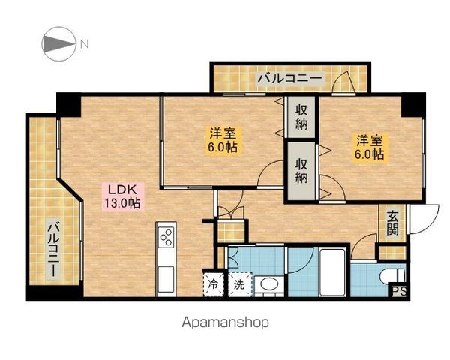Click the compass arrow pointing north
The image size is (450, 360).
pyautogui.click(x=59, y=44)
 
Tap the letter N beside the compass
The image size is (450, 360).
pyautogui.click(x=84, y=44)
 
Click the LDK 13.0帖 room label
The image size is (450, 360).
pyautogui.click(x=122, y=196)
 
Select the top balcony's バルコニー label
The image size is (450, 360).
pyautogui.click(x=289, y=78)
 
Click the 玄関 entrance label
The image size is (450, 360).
pyautogui.click(x=392, y=223)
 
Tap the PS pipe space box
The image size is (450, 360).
pyautogui.click(x=399, y=291)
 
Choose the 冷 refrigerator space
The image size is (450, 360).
pyautogui.click(x=213, y=284)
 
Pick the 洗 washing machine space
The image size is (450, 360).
pyautogui.click(x=239, y=284)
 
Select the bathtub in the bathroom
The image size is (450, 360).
pyautogui.click(x=332, y=271)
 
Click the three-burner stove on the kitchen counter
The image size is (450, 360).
pyautogui.click(x=166, y=237)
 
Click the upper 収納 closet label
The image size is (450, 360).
pyautogui.click(x=301, y=118)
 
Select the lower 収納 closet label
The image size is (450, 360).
pyautogui.click(x=301, y=171)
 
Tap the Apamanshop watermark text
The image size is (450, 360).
pyautogui.click(x=226, y=322)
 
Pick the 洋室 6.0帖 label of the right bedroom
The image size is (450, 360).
pyautogui.click(x=369, y=148)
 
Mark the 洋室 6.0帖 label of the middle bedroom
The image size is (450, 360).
pyautogui.click(x=223, y=140)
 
